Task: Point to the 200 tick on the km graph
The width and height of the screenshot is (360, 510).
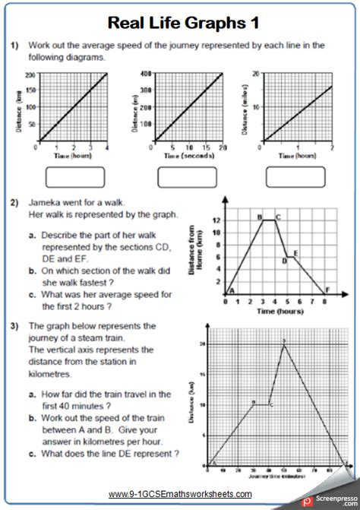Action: pos(30,75)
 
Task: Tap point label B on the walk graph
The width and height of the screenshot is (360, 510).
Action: pos(259,218)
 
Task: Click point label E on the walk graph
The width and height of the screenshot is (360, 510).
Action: pos(295,252)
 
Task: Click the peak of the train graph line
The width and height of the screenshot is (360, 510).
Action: pos(284,345)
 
